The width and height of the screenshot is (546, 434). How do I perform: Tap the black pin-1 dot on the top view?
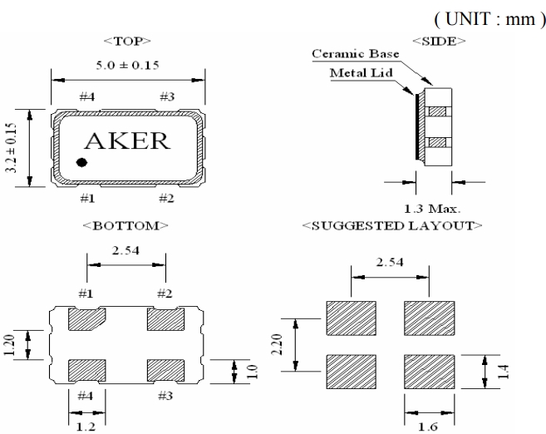click(81, 163)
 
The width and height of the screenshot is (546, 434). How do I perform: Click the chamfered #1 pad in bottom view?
click(86, 319)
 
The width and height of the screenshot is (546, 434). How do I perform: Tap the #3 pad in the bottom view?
click(165, 367)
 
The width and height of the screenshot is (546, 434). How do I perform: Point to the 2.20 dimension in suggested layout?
click(288, 341)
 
